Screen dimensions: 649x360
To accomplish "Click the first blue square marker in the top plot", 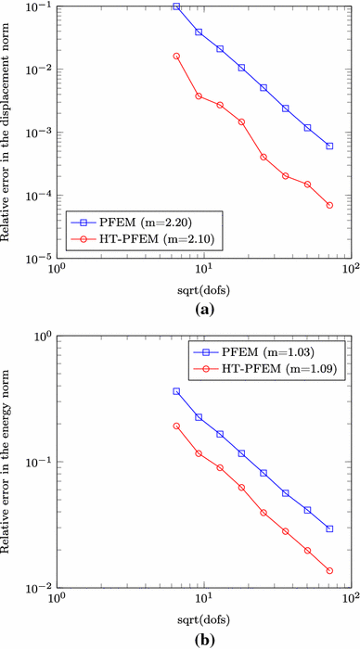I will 176,6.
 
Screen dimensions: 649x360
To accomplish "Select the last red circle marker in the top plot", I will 329,205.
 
